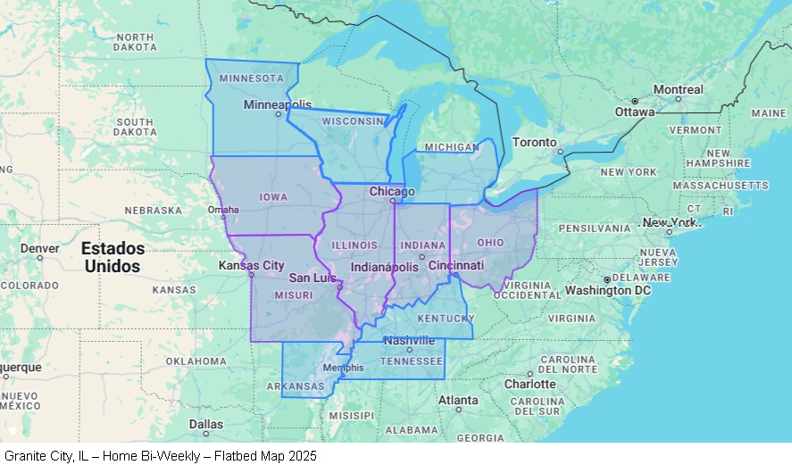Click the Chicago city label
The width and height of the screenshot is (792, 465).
(392, 192)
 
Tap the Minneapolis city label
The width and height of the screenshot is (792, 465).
(278, 104)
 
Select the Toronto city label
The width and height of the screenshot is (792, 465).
(534, 143)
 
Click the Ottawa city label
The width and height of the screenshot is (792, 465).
(635, 112)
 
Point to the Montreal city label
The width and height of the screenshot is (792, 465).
(678, 89)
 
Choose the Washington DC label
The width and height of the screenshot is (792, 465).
(607, 290)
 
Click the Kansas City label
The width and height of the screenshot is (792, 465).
(251, 265)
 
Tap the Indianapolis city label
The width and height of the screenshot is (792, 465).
(384, 267)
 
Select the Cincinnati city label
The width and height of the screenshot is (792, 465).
(455, 265)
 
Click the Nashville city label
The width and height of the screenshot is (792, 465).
(409, 340)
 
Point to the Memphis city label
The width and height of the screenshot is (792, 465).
(343, 367)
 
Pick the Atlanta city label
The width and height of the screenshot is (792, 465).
(458, 400)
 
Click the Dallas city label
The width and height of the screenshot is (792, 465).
(205, 424)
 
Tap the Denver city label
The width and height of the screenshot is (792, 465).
(39, 247)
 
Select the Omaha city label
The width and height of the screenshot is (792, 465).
(223, 211)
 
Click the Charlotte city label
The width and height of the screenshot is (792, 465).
(529, 384)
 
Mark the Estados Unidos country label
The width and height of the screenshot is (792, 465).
(112, 257)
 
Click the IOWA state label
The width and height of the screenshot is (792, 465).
(272, 196)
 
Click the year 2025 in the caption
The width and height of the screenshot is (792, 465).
(301, 456)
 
